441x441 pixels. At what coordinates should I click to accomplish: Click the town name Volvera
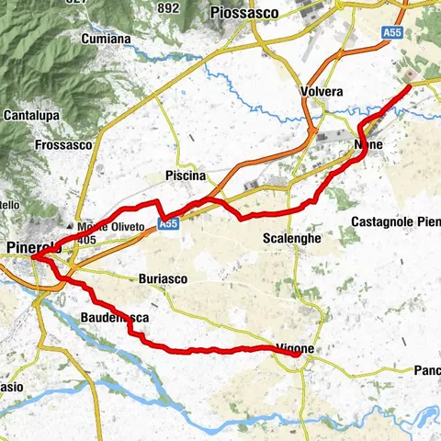[322, 92]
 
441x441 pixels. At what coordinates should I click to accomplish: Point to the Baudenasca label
[115, 318]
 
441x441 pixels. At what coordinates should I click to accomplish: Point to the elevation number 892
[168, 7]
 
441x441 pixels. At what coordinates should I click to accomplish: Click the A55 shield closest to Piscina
[167, 223]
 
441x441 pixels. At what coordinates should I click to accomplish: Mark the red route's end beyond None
[408, 88]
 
